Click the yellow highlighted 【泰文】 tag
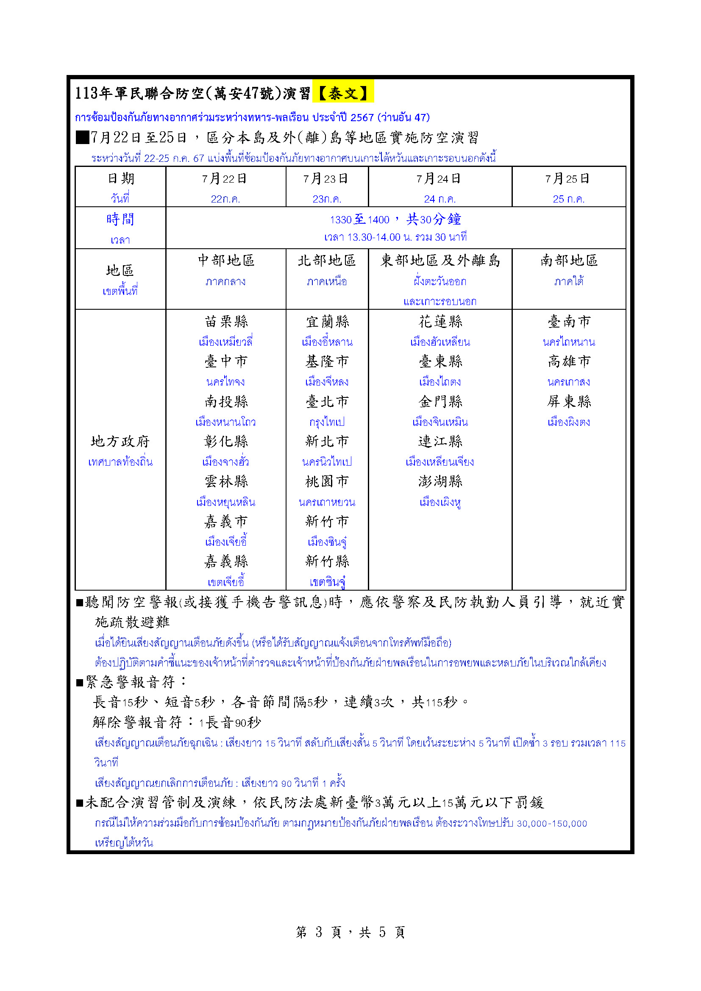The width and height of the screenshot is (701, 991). pos(343,92)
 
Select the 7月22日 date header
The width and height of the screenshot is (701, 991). pos(224,179)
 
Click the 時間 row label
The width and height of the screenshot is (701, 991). pos(120,219)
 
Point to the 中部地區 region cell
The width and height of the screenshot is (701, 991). pos(226,261)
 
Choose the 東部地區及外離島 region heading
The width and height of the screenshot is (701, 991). pos(440,261)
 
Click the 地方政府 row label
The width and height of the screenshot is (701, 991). pos(120,441)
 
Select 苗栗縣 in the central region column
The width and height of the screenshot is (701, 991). pos(226,322)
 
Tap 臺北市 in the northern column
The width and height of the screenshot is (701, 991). pos(327,402)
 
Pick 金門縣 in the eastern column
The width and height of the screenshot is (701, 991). pos(440,402)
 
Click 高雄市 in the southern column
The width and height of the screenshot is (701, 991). pos(568,361)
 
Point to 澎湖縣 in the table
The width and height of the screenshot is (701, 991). pos(440,481)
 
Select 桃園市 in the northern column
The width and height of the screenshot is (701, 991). pos(327,481)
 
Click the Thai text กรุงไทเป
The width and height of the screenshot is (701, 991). pos(327,422)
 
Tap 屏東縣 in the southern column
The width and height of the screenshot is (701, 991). pos(568,402)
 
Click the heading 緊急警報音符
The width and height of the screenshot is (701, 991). pos(134,682)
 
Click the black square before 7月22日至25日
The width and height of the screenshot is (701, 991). pos(82,137)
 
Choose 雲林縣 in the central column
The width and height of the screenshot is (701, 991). pos(226,481)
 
